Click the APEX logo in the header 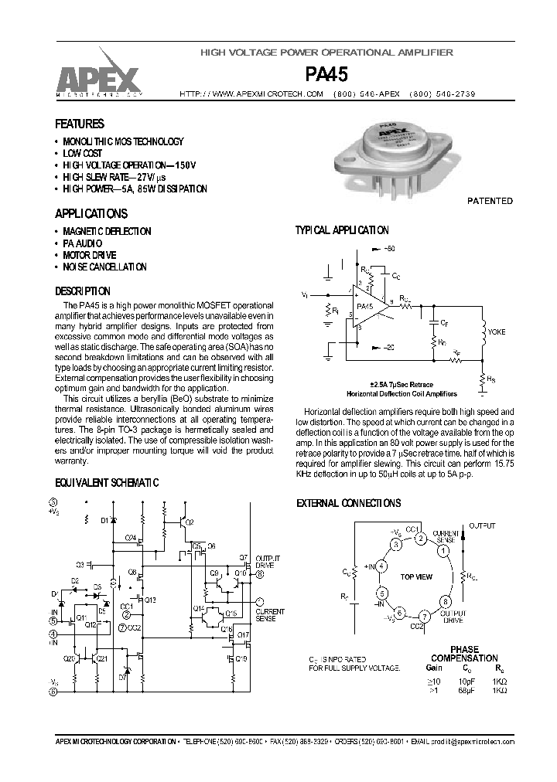click(97, 76)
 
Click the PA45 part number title click(326, 73)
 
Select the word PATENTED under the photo click(489, 201)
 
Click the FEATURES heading click(79, 124)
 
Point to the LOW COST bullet click(82, 154)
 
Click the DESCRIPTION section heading click(82, 291)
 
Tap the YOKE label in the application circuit click(496, 331)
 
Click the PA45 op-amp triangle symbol click(367, 306)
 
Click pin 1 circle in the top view click(443, 552)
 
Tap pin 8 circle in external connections click(445, 601)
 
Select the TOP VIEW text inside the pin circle click(416, 577)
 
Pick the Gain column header click(433, 667)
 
